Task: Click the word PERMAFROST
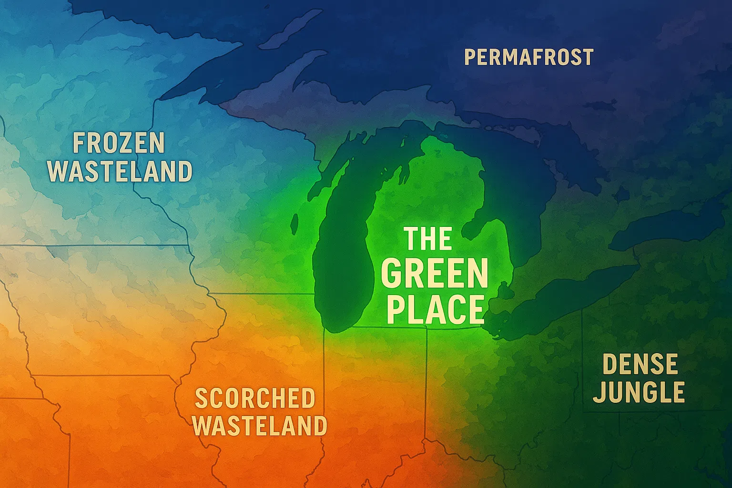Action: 529,58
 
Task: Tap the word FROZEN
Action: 119,143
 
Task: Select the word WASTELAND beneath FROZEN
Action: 120,172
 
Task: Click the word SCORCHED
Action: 255,398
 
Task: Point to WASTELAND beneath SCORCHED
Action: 260,426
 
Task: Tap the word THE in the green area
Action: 428,239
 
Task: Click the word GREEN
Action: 434,274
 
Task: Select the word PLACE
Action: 435,310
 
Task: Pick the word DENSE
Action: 640,365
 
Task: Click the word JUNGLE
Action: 639,393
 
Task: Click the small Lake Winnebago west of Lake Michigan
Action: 295,224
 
